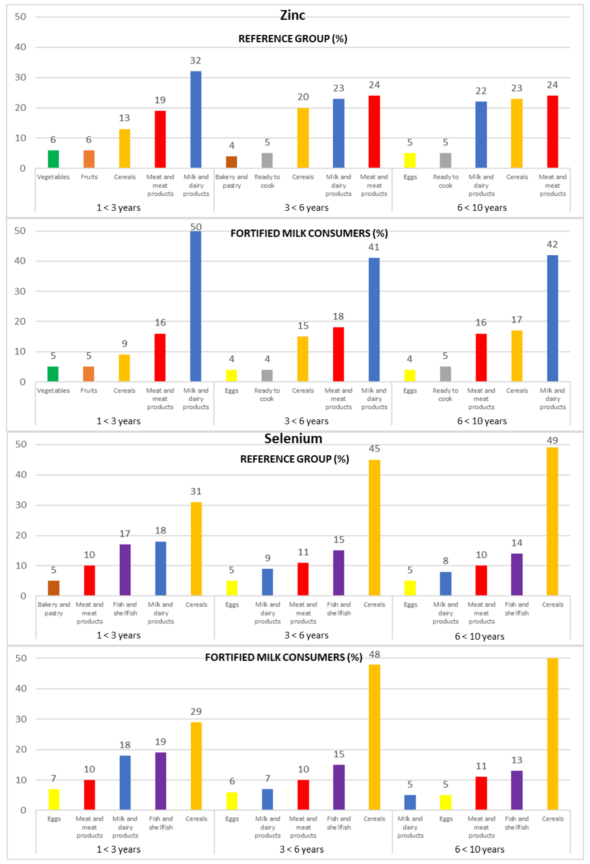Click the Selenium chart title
coord(293,439)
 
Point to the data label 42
coord(552,245)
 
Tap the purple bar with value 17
coord(125,570)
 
